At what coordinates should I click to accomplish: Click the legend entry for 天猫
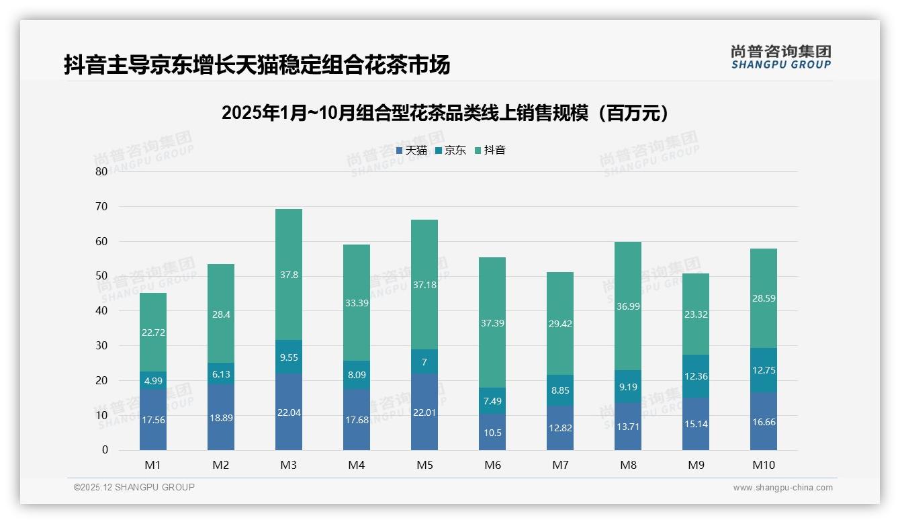click(x=412, y=150)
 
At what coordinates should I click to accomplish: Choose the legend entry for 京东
click(x=451, y=150)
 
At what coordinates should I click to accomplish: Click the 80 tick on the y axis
click(x=101, y=171)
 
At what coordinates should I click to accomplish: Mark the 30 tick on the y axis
click(x=101, y=345)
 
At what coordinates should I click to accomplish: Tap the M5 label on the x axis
click(x=424, y=465)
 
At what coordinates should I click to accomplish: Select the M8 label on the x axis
click(x=628, y=465)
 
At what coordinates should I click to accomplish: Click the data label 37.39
click(x=492, y=323)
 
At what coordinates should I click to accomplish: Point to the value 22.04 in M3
click(x=289, y=412)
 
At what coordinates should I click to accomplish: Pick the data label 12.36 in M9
click(x=696, y=376)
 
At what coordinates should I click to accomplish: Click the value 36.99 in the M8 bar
click(x=628, y=306)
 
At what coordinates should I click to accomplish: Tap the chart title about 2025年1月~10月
click(x=445, y=113)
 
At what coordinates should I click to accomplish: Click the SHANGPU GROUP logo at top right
click(x=780, y=57)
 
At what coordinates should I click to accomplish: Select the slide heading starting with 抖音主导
click(x=257, y=65)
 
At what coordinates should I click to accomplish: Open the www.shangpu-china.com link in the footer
click(x=782, y=488)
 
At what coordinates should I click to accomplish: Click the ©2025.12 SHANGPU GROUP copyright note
click(x=134, y=487)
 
